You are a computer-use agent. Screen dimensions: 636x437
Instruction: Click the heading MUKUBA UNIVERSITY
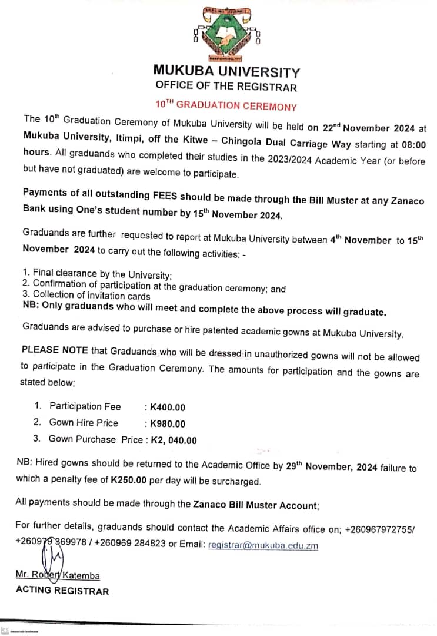coord(226,72)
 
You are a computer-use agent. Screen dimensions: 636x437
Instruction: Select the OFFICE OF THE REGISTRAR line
coord(226,87)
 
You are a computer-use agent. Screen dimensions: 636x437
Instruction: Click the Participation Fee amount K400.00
coord(168,407)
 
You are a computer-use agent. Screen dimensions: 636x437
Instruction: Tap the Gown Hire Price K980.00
coord(168,423)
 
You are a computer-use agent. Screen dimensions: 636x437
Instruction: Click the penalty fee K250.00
coord(128,481)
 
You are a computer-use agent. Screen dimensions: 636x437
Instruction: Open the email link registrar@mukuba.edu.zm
coord(263,545)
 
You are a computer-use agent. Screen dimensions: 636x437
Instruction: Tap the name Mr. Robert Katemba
coord(58,576)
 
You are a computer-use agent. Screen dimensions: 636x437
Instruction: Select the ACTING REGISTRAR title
coord(62,591)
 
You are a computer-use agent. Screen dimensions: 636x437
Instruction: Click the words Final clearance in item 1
coord(65,273)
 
